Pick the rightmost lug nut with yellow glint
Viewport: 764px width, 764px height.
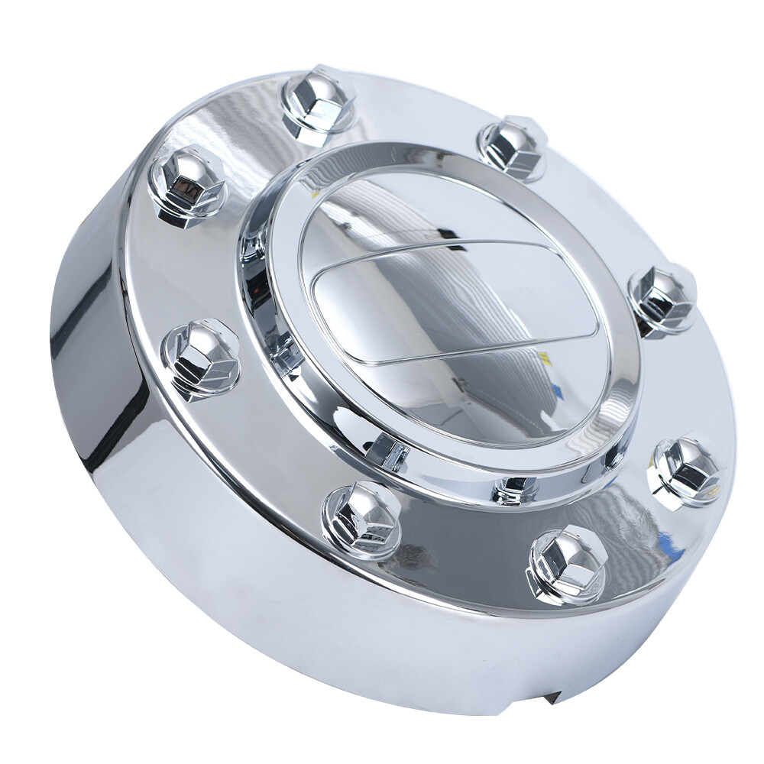point(685,469)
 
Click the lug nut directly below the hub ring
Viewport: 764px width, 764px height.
point(362,521)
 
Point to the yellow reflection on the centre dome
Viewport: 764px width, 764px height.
point(544,357)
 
